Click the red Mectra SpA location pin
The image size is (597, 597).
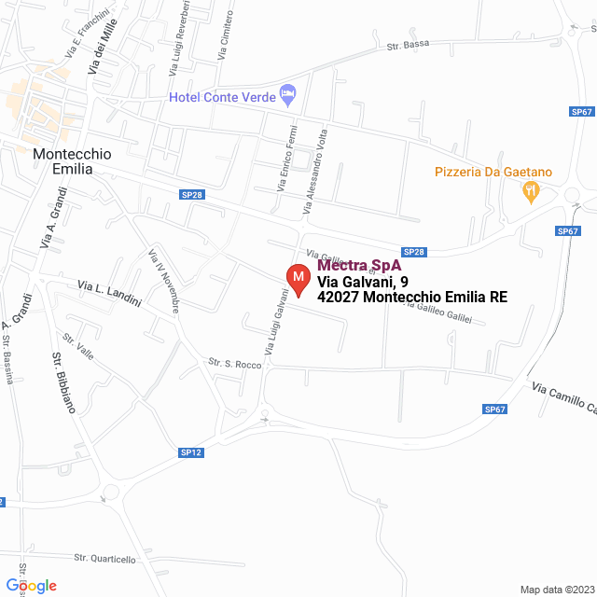click(x=298, y=278)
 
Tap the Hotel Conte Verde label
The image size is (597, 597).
click(x=222, y=97)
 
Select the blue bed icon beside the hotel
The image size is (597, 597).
click(x=287, y=94)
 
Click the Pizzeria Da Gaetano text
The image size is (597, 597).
click(x=493, y=172)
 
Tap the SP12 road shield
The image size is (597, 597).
click(x=190, y=452)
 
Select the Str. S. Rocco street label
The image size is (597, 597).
click(x=235, y=364)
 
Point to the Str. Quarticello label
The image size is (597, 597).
click(x=104, y=559)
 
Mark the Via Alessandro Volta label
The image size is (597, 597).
click(x=314, y=174)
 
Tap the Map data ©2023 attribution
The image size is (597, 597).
click(x=555, y=590)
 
